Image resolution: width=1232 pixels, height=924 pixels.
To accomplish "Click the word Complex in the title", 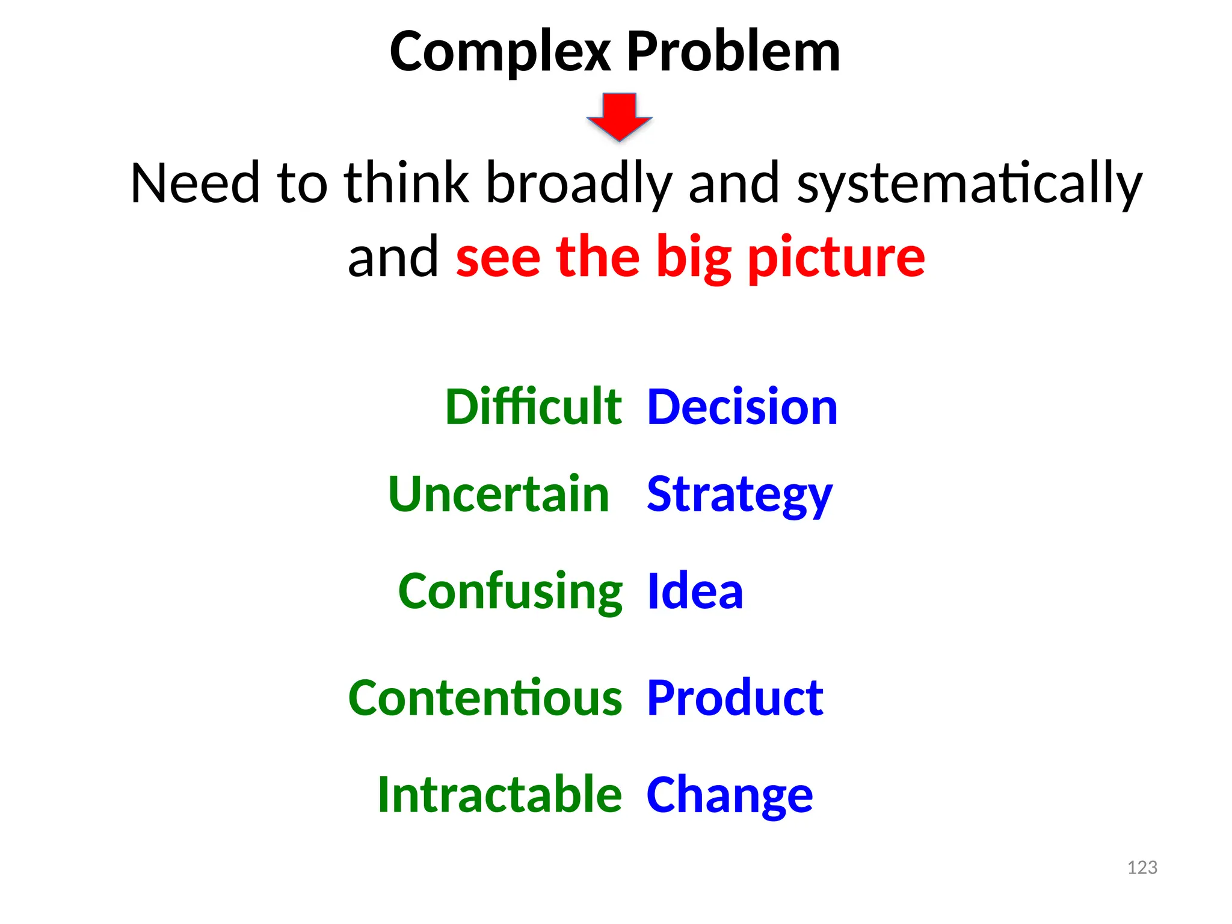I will click(x=500, y=53).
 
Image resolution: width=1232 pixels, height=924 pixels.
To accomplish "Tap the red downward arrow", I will click(x=619, y=116).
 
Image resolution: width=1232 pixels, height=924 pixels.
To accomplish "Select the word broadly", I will click(x=578, y=183).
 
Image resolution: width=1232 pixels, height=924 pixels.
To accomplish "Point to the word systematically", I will click(x=969, y=183).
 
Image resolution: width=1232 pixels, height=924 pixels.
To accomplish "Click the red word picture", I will click(x=836, y=257).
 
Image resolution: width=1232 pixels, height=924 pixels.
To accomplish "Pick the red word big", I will click(x=693, y=257).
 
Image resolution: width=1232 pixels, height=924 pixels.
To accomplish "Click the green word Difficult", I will click(x=533, y=407).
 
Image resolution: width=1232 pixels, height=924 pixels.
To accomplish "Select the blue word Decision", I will click(x=742, y=407).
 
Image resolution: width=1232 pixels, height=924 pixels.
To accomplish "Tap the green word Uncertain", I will click(x=499, y=494).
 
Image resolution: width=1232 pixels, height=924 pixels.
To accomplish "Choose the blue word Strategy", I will click(x=739, y=495).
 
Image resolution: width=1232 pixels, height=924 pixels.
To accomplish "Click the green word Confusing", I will click(x=510, y=592).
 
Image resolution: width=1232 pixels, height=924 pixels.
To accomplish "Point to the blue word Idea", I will click(x=695, y=591).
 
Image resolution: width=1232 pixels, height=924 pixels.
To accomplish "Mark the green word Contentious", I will click(x=485, y=698).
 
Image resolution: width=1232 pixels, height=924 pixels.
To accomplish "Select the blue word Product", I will click(x=735, y=698).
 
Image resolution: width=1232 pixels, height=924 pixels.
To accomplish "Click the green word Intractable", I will click(x=499, y=795).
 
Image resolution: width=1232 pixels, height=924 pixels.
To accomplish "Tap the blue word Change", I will click(x=729, y=795).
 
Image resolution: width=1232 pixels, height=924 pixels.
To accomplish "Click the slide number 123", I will click(x=1142, y=867).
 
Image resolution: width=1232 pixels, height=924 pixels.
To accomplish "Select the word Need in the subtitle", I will click(x=195, y=183).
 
